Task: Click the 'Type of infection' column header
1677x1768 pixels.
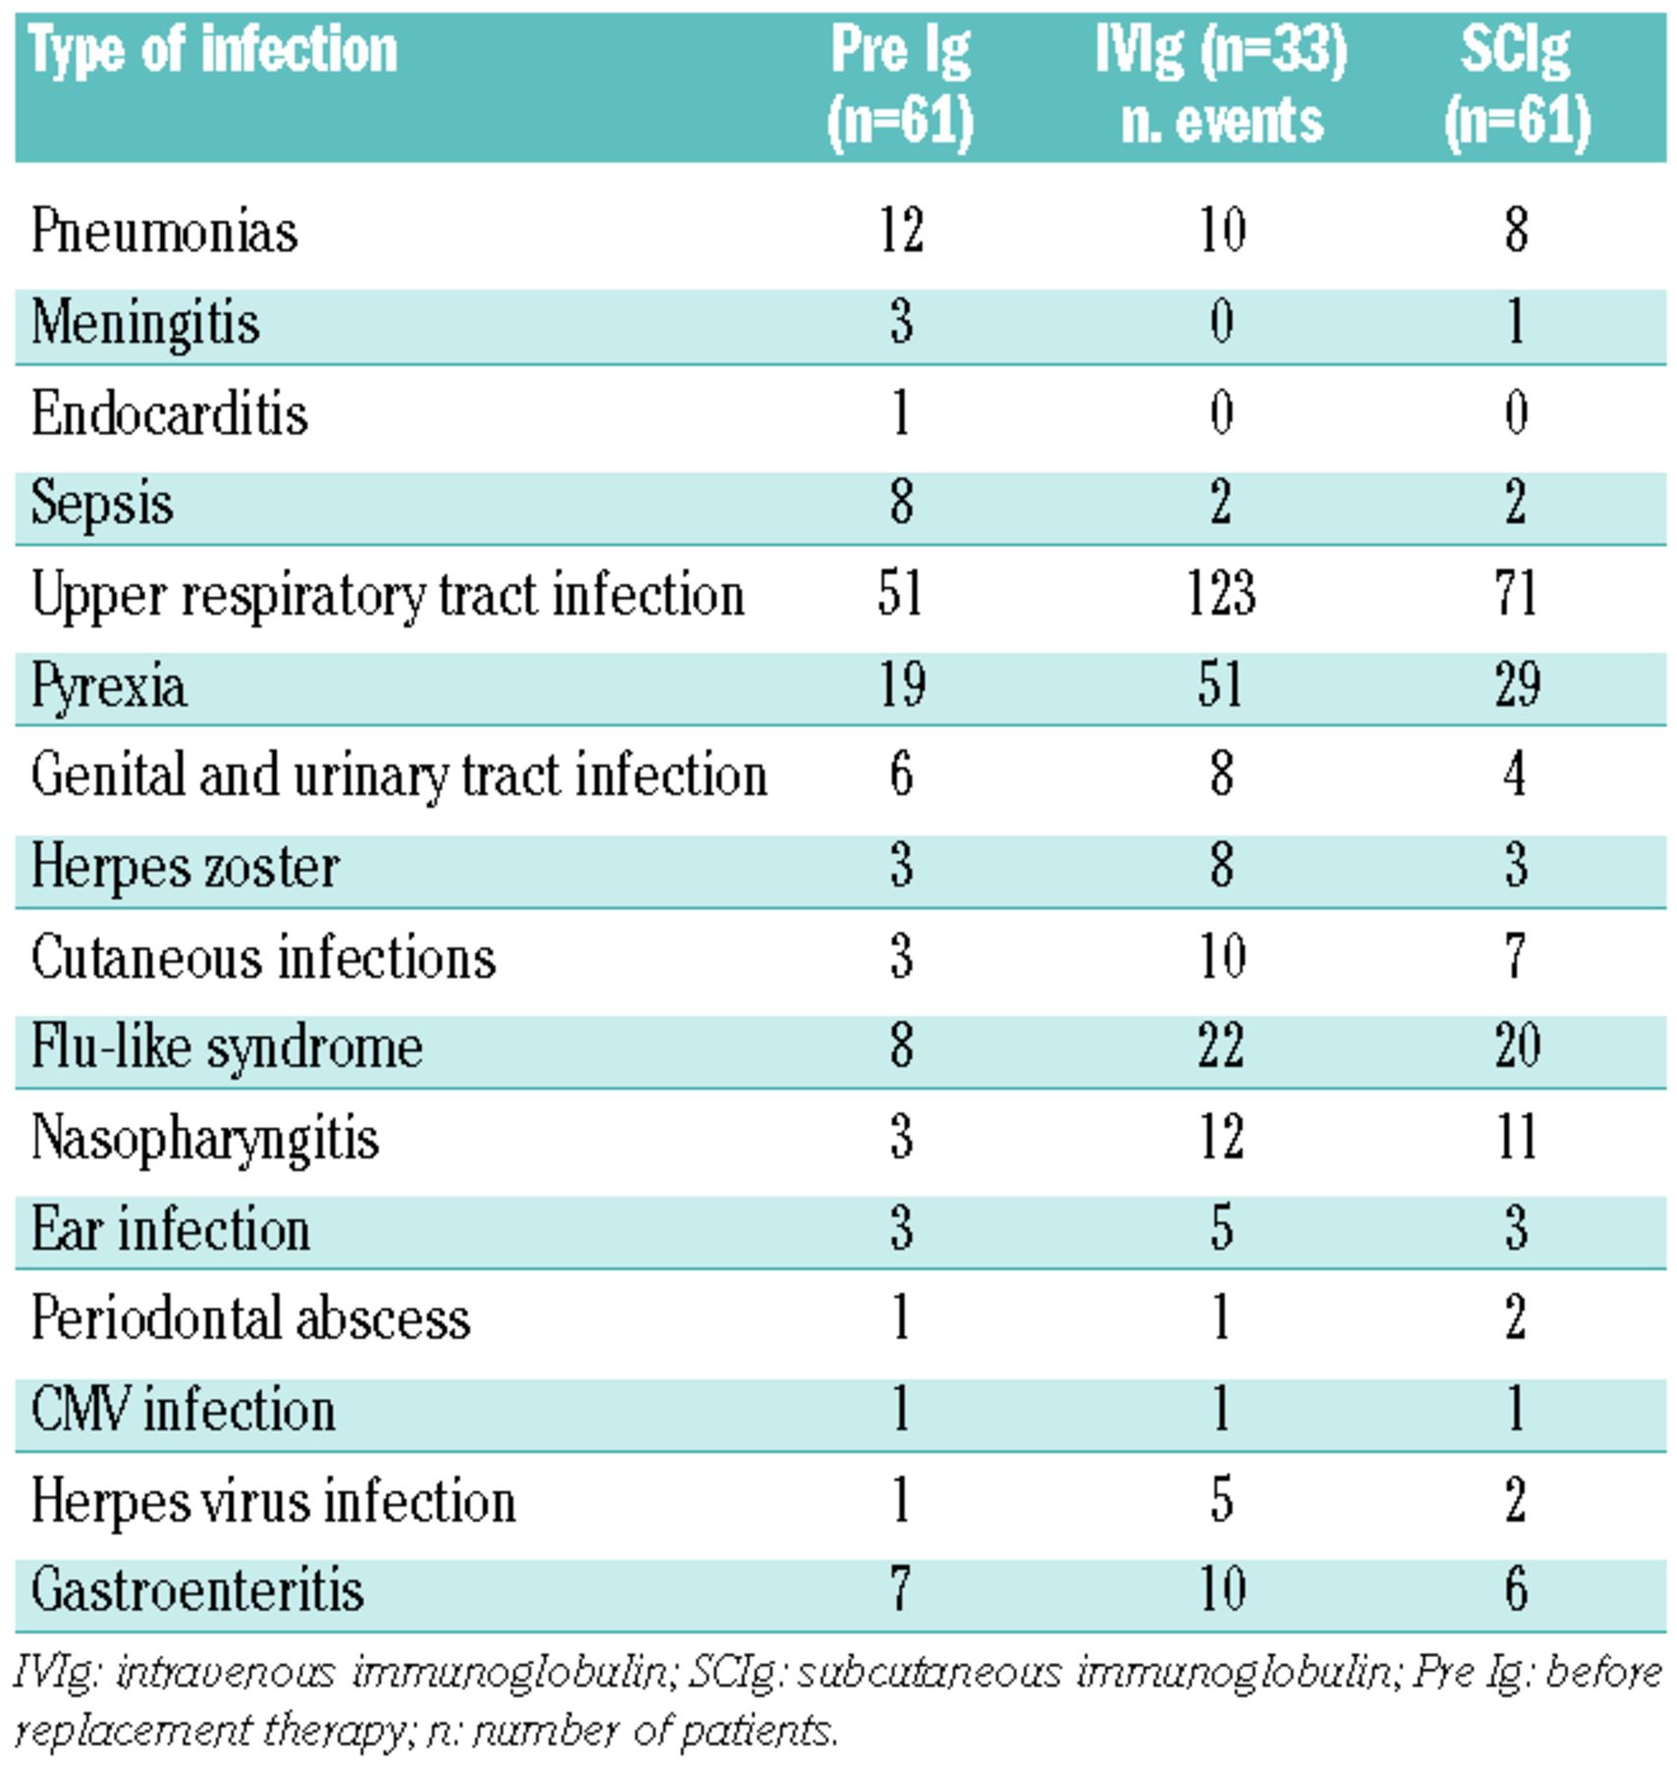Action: point(213,51)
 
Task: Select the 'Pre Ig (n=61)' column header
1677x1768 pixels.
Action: point(900,86)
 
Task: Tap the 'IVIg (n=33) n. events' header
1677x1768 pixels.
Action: point(1221,86)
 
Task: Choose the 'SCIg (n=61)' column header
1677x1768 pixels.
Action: point(1516,86)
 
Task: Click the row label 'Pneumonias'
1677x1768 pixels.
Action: point(164,232)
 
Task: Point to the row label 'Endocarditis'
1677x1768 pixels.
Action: point(169,414)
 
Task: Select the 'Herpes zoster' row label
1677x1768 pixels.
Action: point(185,867)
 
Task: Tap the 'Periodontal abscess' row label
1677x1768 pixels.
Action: point(251,1319)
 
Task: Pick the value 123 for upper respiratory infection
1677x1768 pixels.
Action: point(1221,595)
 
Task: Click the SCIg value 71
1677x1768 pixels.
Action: point(1516,595)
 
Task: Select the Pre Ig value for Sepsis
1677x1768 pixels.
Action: point(901,504)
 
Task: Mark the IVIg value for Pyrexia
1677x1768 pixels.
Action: point(1221,686)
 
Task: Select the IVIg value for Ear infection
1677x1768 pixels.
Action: point(1221,1229)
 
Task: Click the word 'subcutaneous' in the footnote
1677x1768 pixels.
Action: point(928,1673)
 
